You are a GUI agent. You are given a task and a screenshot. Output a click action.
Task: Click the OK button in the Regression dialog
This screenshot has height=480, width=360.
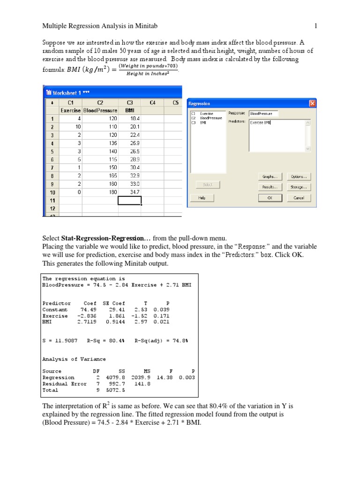click(270, 198)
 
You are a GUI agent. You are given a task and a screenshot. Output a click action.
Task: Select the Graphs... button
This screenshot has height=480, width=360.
click(270, 177)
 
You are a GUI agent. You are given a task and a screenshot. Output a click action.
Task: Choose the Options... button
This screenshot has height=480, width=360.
click(298, 177)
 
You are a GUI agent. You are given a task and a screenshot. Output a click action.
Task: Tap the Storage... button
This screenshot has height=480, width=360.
click(298, 187)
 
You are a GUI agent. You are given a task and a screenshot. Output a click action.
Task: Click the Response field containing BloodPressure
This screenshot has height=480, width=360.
click(263, 113)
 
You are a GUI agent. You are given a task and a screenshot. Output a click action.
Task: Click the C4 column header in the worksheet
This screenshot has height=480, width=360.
click(152, 102)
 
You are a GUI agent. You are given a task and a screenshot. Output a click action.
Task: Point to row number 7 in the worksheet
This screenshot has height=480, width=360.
click(52, 167)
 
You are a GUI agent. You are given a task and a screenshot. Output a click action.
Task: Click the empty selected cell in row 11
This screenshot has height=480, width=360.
click(130, 200)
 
